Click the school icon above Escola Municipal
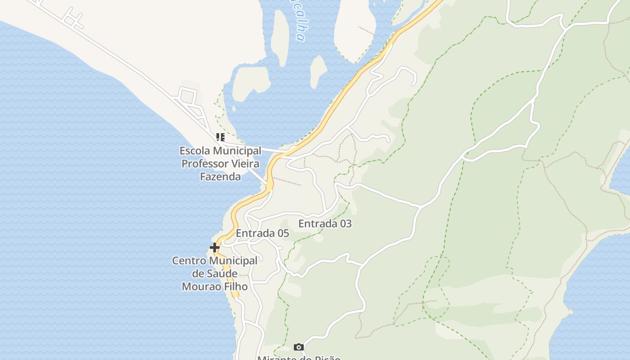(220, 137)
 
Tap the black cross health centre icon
(215, 247)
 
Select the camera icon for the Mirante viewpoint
(298, 347)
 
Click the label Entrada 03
(325, 224)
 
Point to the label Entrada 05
(262, 234)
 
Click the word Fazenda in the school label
(220, 176)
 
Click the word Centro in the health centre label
(189, 261)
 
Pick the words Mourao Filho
(215, 286)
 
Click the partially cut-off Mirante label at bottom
(298, 358)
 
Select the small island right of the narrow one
(318, 71)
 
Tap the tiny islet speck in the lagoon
(234, 108)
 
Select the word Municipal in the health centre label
(234, 261)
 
